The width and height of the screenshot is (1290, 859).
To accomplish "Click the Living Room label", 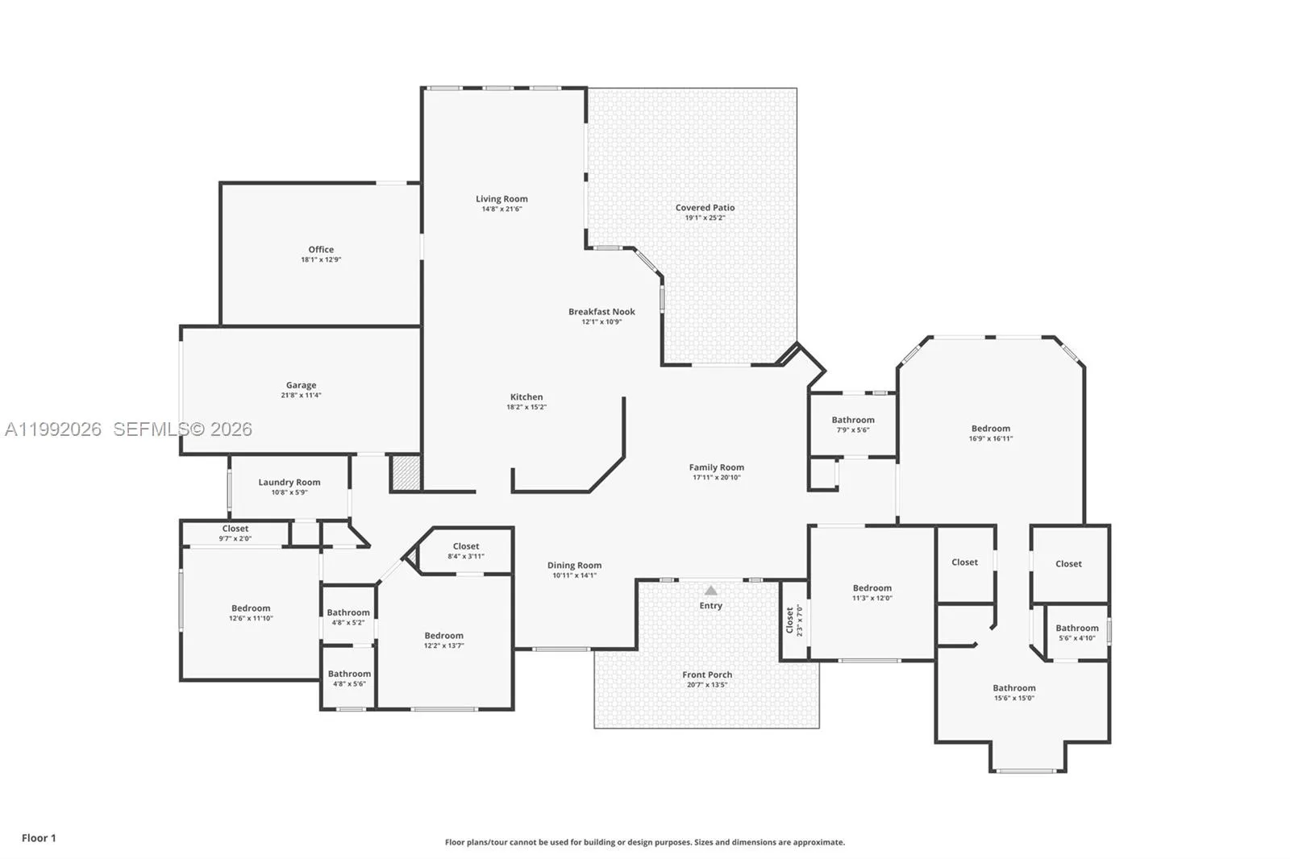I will click(x=501, y=199).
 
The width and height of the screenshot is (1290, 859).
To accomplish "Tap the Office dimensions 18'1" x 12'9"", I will click(x=321, y=259).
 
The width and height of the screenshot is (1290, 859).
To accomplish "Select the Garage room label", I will click(x=301, y=385).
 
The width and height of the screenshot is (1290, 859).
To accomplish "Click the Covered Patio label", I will click(x=705, y=208).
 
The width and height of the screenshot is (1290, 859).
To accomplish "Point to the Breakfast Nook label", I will click(x=601, y=312).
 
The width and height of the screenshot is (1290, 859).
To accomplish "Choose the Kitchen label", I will click(x=526, y=397).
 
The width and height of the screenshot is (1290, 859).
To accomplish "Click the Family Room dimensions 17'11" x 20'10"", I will click(x=716, y=477).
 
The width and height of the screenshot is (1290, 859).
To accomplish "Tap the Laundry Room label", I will click(x=289, y=483).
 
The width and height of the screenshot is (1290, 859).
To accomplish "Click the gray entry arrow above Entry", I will click(x=710, y=591).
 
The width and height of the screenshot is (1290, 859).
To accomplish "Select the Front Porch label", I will click(x=707, y=675).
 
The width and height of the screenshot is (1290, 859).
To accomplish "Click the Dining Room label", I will click(x=574, y=566).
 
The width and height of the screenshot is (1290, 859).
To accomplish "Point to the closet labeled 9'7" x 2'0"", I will click(x=235, y=533).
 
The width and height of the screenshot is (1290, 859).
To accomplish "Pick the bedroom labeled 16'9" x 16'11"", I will click(x=990, y=433).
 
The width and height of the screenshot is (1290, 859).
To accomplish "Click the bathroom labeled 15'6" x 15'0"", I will click(x=1013, y=692).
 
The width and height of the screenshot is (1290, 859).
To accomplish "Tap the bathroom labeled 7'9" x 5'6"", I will click(x=852, y=424).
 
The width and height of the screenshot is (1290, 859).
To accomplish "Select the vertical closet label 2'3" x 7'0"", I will click(x=794, y=620).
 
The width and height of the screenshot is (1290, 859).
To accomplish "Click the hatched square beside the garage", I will click(x=406, y=473).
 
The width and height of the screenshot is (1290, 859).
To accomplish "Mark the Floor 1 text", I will click(x=39, y=838).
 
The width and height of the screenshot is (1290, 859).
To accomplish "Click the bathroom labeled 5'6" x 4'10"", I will click(x=1076, y=632).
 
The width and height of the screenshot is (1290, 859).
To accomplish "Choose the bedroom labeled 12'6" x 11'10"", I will click(x=251, y=612).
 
